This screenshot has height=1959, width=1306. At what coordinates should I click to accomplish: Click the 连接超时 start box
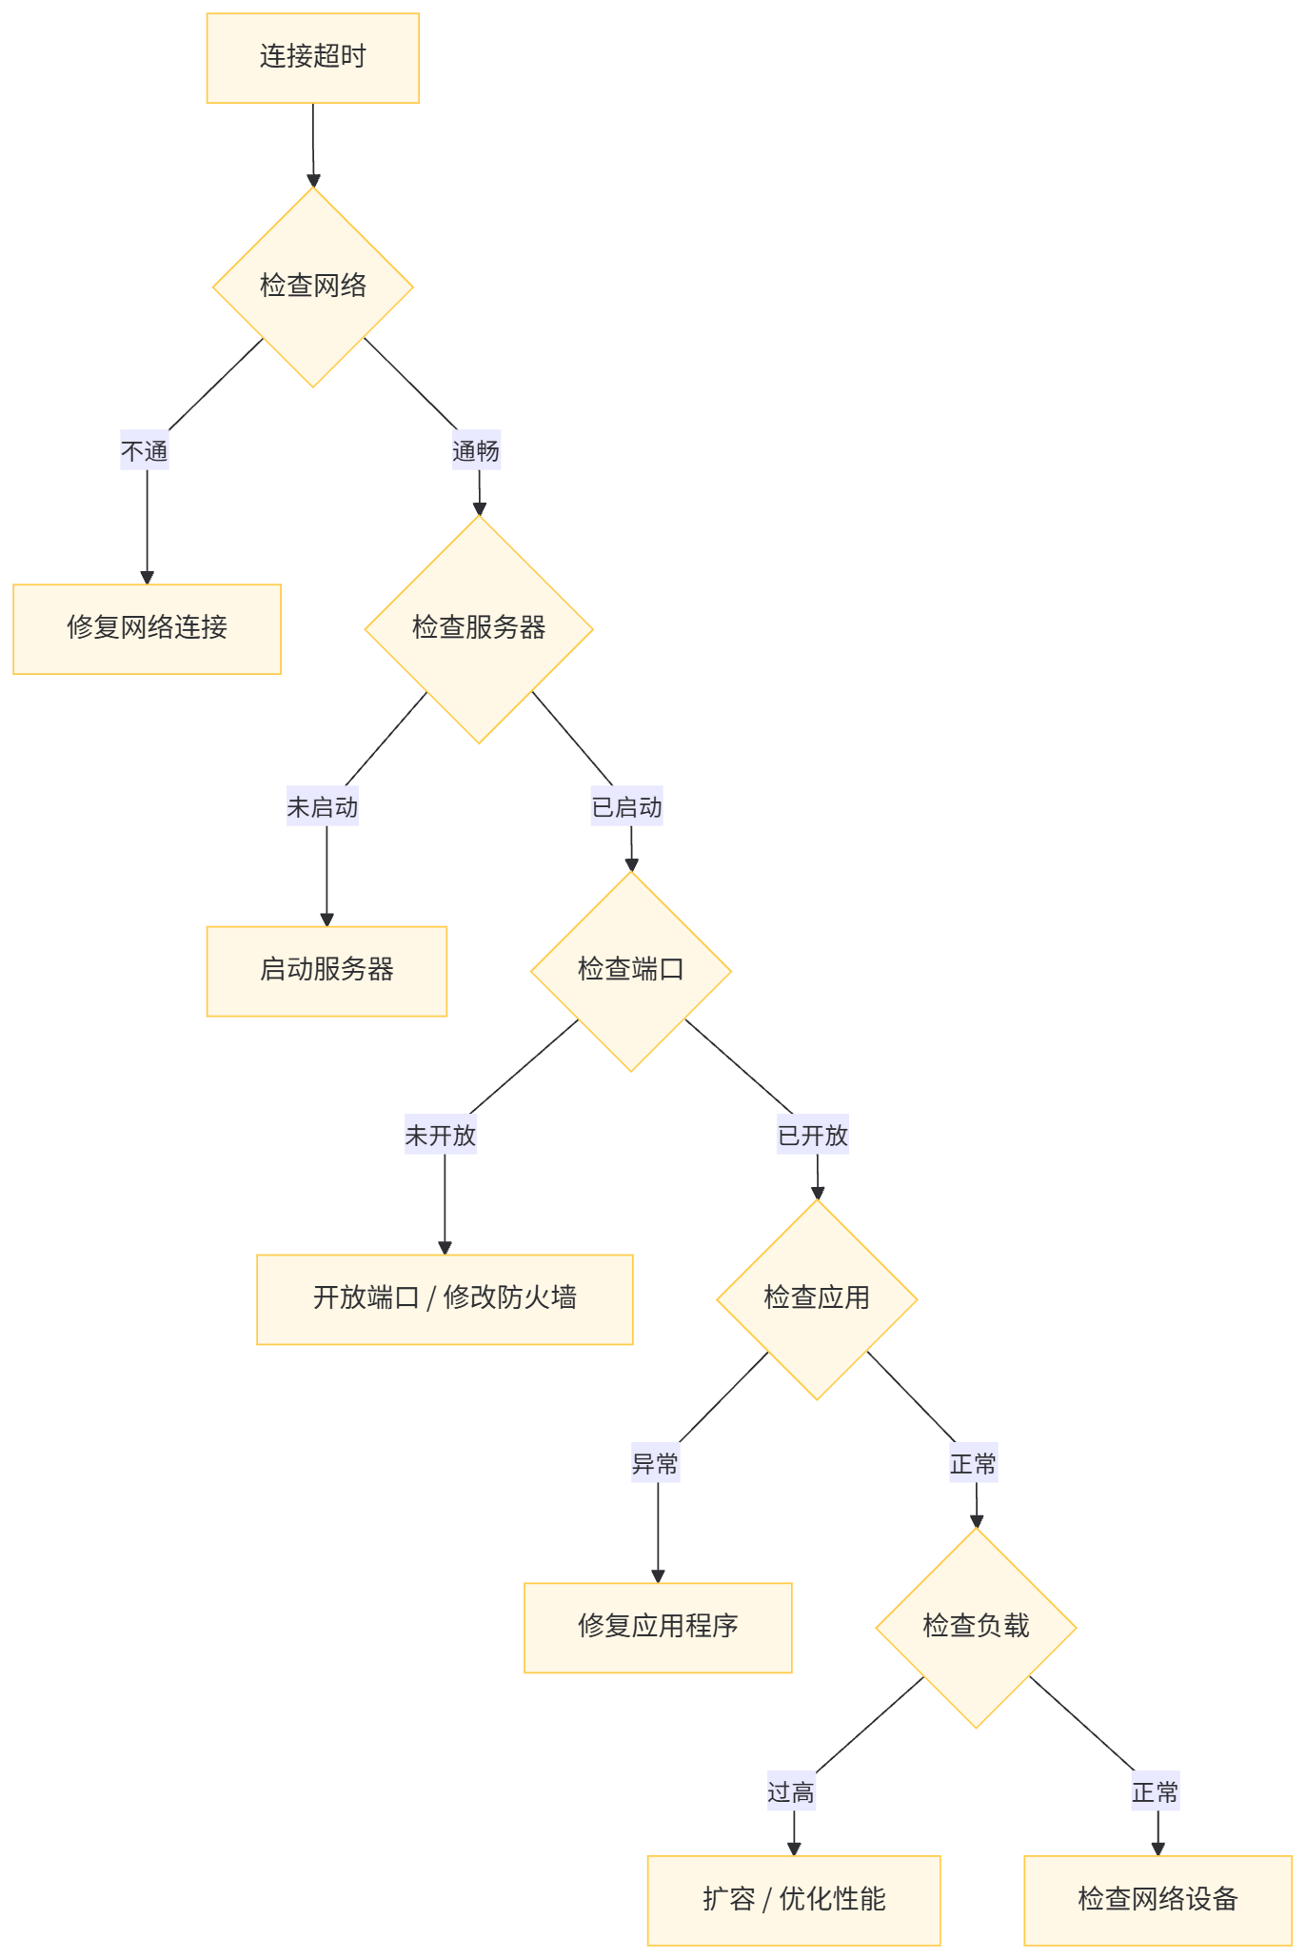(x=312, y=58)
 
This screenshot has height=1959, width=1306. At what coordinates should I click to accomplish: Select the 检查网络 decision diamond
(x=312, y=287)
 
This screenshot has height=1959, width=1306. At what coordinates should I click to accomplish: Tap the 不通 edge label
(x=145, y=450)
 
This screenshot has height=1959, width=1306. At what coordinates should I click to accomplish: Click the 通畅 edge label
(x=476, y=450)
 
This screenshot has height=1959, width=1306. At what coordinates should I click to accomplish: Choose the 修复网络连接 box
(x=147, y=629)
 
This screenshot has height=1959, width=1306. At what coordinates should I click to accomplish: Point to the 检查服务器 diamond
(x=479, y=628)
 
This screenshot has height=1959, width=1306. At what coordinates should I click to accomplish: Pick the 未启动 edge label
(x=323, y=807)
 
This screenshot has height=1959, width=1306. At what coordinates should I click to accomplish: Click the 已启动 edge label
(x=626, y=807)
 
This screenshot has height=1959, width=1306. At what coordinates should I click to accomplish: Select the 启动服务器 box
(x=326, y=971)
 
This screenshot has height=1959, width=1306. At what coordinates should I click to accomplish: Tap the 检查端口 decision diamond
(x=630, y=971)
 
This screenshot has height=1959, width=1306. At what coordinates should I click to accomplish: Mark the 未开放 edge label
(x=441, y=1135)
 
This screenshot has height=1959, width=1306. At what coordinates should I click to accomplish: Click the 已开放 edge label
(x=813, y=1135)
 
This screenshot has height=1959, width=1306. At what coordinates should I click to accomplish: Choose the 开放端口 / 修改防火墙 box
(x=445, y=1299)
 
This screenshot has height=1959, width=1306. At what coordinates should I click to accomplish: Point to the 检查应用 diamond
(x=817, y=1299)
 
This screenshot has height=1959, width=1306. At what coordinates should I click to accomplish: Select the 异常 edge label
(x=655, y=1463)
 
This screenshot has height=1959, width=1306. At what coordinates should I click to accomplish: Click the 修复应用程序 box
(x=658, y=1628)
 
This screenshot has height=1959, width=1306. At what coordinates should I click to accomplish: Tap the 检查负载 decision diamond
(x=976, y=1628)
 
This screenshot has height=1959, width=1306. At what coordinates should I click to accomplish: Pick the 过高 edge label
(x=791, y=1792)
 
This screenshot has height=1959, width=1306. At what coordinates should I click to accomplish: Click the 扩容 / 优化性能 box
(x=794, y=1900)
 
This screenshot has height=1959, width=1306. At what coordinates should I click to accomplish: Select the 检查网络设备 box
(x=1158, y=1900)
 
